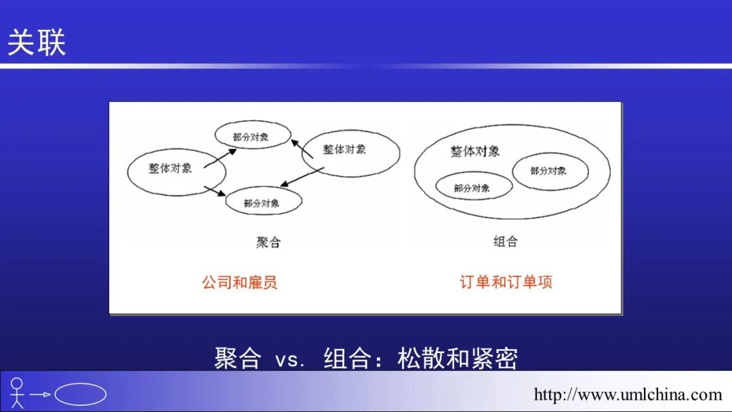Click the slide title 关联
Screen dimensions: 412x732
tap(37, 43)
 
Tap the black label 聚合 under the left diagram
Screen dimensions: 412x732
tap(268, 242)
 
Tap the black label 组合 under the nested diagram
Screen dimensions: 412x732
tap(506, 241)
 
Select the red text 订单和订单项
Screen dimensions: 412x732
tap(506, 282)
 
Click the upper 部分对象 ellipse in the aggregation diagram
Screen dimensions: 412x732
tap(253, 136)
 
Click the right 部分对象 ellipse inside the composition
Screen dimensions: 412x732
tap(550, 171)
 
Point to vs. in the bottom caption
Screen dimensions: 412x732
tap(291, 359)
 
